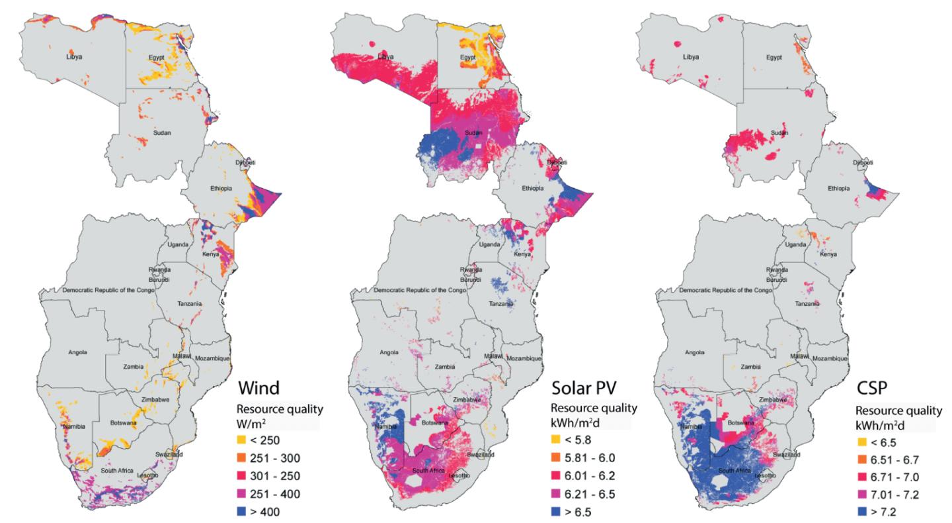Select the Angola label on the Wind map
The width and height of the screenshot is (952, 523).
[77, 352]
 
